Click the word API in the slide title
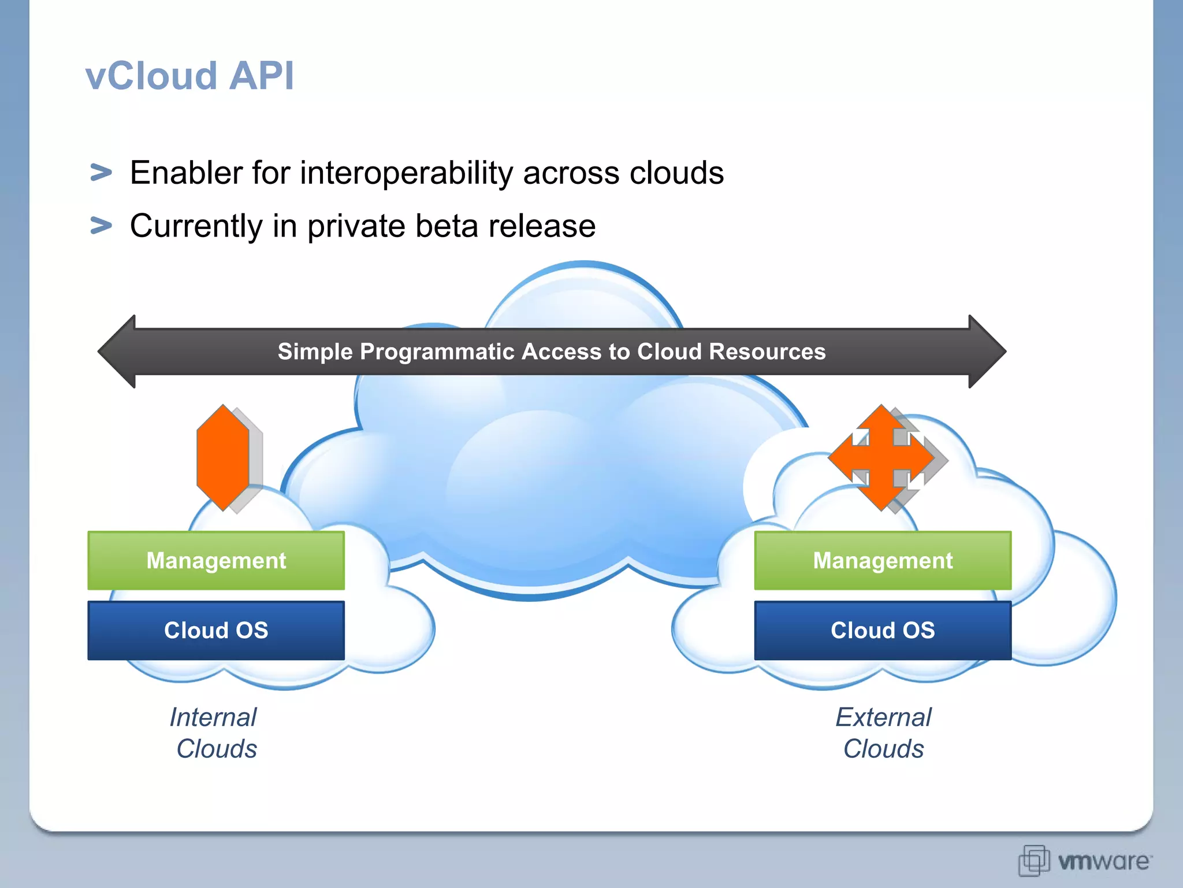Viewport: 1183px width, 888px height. (261, 76)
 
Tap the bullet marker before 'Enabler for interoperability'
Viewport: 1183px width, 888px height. (101, 172)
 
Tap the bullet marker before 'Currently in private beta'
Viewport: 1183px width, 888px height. (101, 225)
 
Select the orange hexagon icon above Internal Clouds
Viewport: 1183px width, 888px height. (223, 457)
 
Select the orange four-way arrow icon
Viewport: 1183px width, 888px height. (881, 457)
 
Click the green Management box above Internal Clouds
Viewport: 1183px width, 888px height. (216, 561)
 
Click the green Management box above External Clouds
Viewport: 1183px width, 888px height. (883, 561)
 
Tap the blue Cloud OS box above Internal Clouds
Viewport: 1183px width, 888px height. (216, 630)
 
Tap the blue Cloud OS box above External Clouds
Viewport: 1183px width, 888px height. (883, 630)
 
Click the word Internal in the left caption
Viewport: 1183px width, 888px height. (213, 717)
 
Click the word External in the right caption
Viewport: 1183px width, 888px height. (883, 717)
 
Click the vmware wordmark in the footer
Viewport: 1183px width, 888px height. (1103, 861)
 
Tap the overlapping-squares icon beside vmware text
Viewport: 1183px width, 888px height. (1033, 860)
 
